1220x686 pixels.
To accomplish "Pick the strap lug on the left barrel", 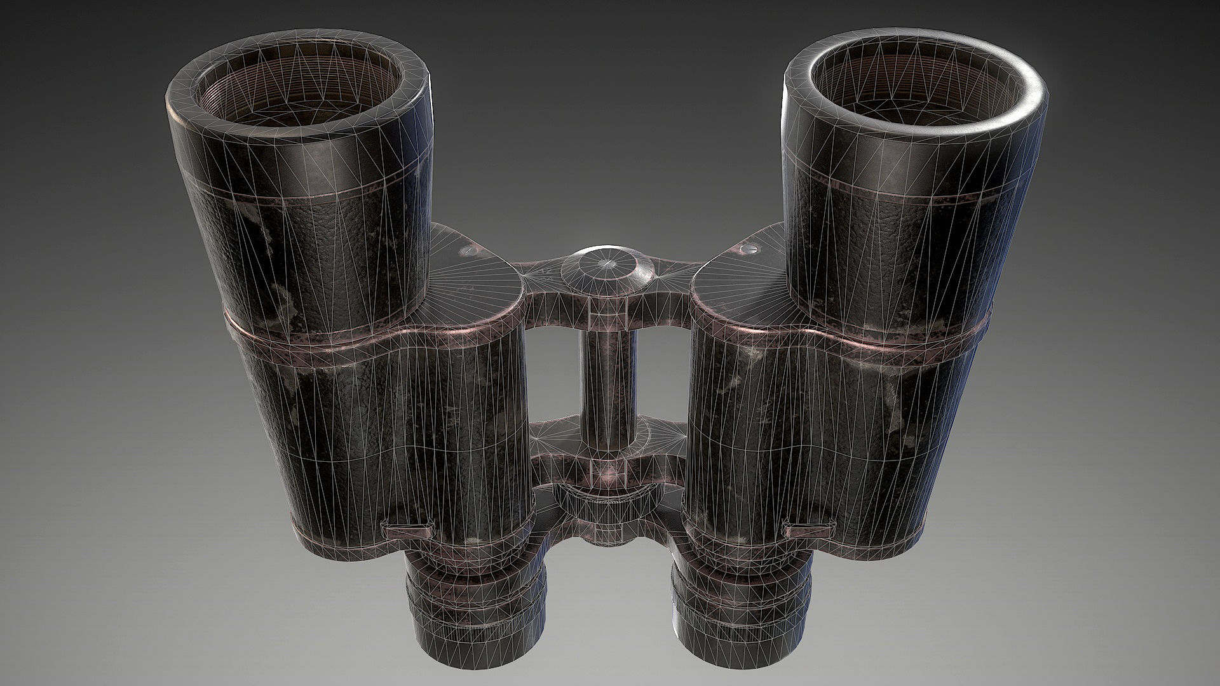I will point(406,528).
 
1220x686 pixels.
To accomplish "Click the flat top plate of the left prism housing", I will point(473,286).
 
